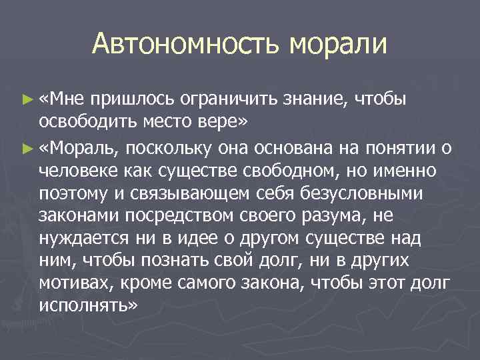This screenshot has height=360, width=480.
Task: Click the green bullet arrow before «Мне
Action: pos(27,99)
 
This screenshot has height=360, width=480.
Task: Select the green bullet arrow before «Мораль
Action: pos(27,147)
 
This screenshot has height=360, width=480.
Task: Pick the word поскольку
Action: pos(171,147)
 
